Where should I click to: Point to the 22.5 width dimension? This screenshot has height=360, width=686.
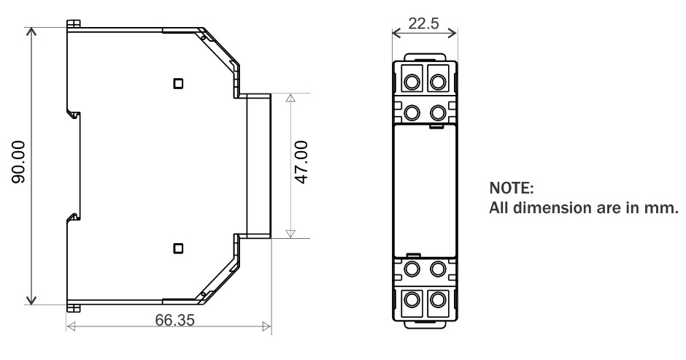pos(424,23)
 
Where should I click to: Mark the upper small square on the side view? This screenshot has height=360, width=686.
pos(177,83)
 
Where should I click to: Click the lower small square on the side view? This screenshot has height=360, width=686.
pos(177,248)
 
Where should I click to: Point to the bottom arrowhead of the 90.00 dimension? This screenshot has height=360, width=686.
pos(31,300)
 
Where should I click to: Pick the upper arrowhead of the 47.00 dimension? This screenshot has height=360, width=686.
pos(290,98)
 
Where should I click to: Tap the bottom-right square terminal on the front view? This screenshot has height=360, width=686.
pos(438,299)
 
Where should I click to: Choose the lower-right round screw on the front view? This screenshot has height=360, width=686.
pos(438,268)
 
